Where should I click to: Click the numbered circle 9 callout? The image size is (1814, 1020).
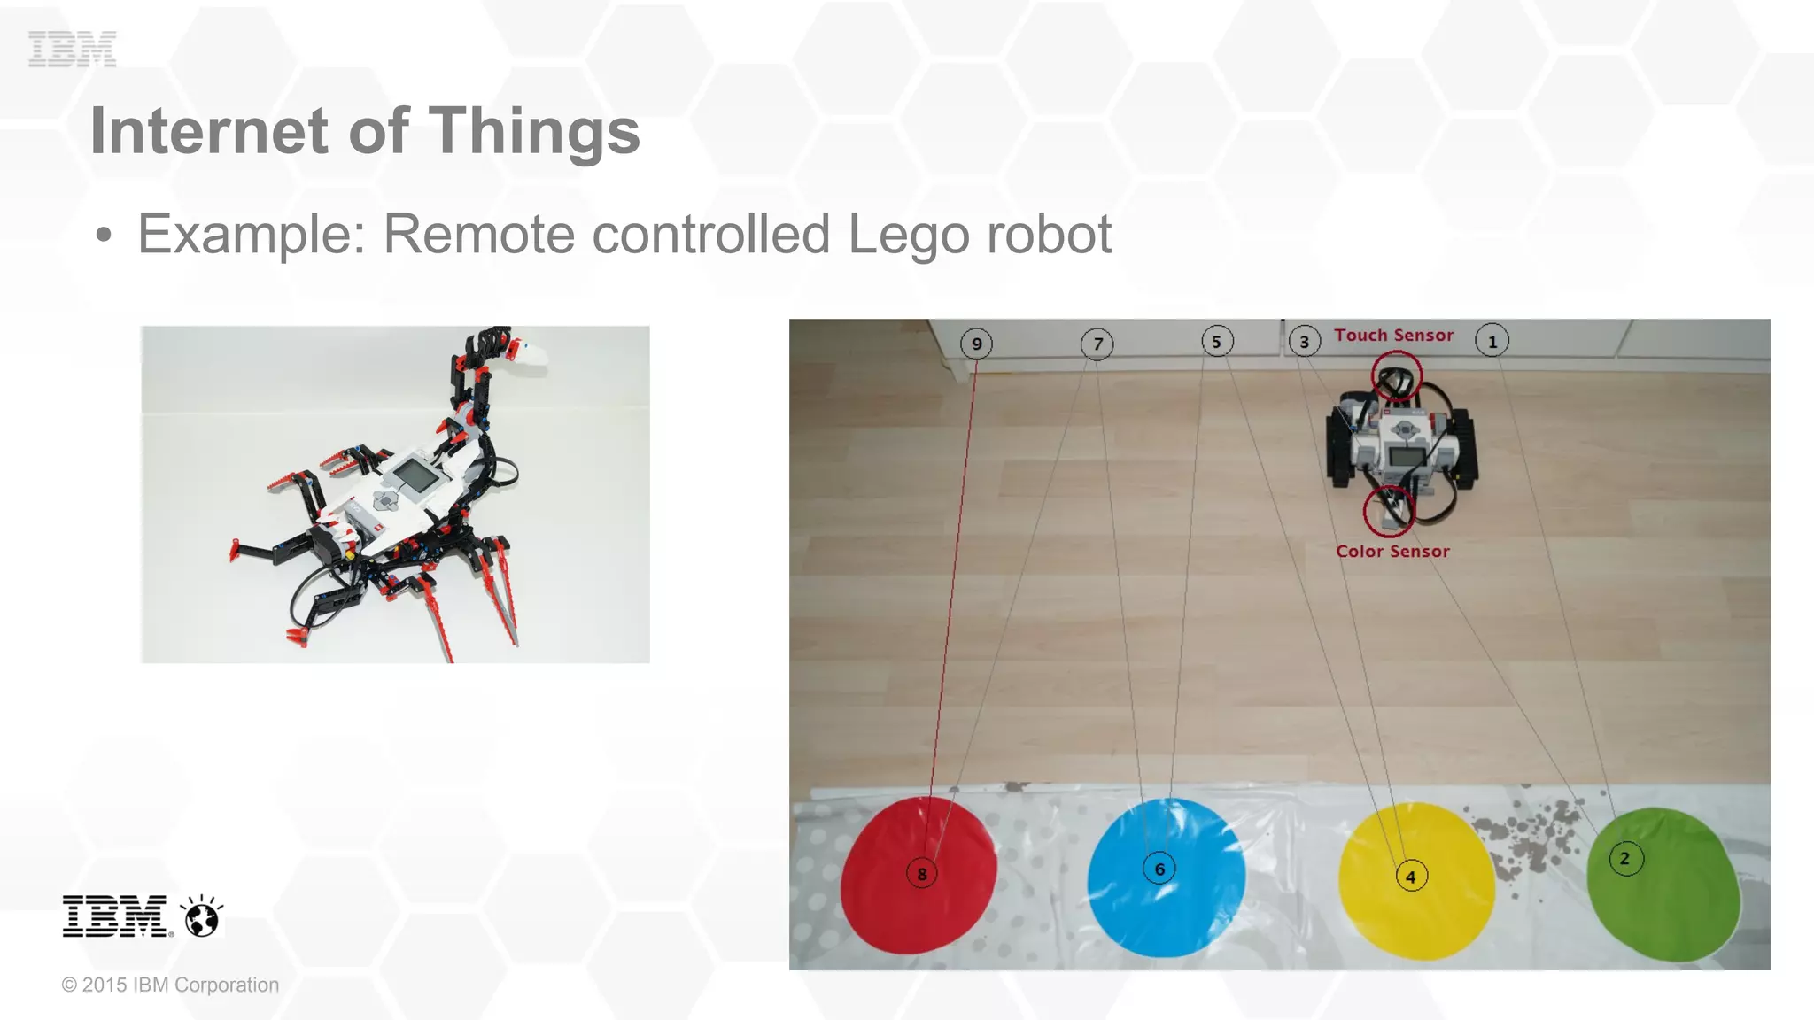point(976,344)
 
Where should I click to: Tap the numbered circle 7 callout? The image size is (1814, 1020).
point(1097,344)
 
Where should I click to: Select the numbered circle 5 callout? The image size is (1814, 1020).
point(1217,341)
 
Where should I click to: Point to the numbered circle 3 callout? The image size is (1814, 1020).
point(1304,342)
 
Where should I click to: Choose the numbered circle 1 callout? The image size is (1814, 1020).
point(1492,341)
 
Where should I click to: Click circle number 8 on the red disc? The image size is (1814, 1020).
point(922,874)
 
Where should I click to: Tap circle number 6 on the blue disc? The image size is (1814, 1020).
point(1159,869)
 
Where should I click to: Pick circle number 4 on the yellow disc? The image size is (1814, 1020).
point(1411,877)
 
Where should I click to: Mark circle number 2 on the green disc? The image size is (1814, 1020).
point(1624,858)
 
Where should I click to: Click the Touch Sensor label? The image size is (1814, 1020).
point(1394,336)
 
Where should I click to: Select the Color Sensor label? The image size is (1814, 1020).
point(1392,551)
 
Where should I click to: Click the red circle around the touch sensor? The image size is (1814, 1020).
point(1397,376)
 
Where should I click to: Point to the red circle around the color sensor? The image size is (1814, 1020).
point(1388,511)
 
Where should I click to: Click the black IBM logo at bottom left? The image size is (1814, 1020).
point(115,916)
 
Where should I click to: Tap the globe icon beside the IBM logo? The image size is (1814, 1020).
point(202,916)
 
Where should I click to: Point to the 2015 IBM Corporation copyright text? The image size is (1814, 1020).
point(170,985)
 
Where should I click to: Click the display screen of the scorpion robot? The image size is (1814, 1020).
point(415,476)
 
